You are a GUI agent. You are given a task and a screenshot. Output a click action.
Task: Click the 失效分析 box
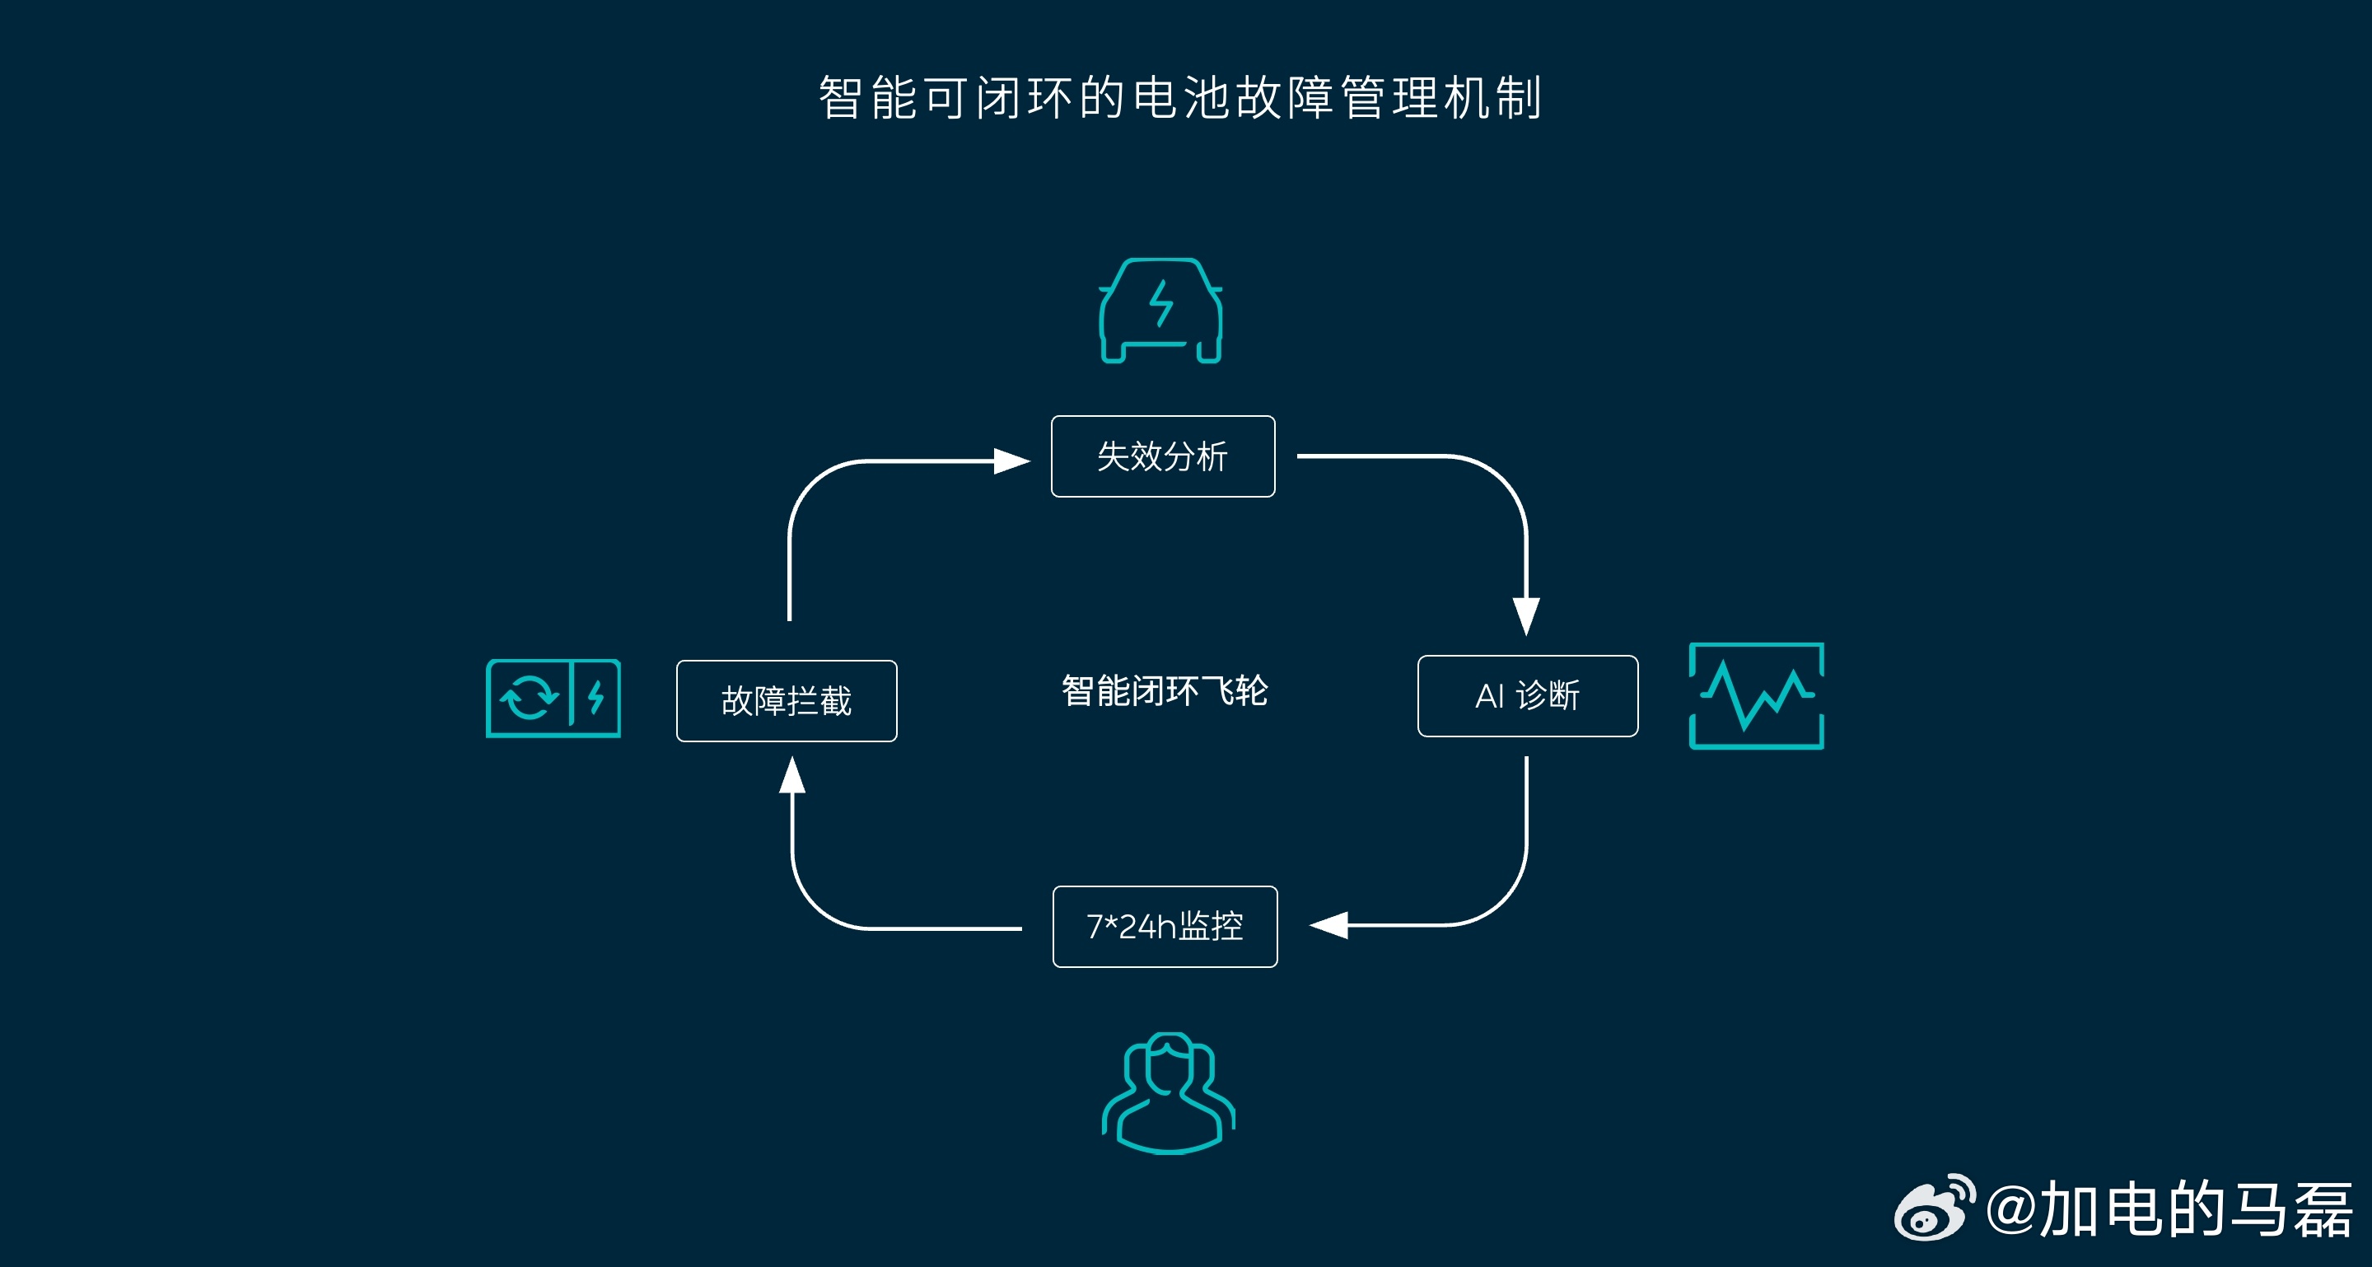[x=1163, y=456]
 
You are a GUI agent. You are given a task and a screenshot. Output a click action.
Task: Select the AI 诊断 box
[x=1528, y=696]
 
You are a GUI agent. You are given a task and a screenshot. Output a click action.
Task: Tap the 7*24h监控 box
[x=1165, y=926]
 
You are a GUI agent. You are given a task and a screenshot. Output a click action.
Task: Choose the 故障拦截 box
[x=787, y=701]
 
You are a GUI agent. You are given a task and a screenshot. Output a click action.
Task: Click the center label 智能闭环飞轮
[x=1165, y=690]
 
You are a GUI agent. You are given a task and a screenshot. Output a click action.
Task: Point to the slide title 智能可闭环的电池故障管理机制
[x=1180, y=97]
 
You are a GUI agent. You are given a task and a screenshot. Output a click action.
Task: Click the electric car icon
[x=1161, y=311]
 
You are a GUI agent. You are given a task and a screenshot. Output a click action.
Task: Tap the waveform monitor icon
[x=1756, y=696]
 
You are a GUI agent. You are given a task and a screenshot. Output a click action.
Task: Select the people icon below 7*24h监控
[x=1169, y=1093]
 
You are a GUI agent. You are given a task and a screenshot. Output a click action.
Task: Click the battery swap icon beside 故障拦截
[x=553, y=698]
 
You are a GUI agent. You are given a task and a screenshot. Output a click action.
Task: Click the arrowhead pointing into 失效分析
[x=1012, y=461]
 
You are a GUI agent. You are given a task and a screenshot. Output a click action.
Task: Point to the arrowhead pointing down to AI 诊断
[x=1526, y=616]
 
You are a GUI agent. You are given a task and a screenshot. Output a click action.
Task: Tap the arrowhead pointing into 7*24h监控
[x=1328, y=924]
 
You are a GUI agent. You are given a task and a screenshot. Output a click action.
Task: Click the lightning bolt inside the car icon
[x=1161, y=303]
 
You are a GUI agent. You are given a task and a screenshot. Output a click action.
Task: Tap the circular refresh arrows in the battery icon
[x=529, y=698]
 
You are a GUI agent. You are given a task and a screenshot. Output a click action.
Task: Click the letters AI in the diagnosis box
[x=1489, y=696]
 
